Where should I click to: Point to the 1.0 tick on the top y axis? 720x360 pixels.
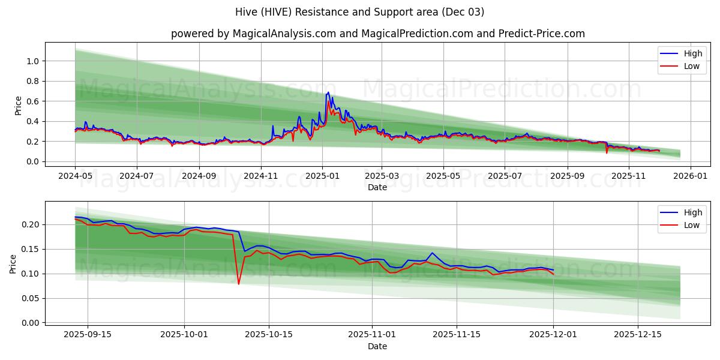[x=32, y=61]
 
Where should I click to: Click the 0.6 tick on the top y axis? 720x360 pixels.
[x=32, y=101]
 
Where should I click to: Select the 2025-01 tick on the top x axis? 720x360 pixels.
[x=322, y=176]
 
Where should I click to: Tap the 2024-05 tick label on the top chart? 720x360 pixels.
[x=75, y=176]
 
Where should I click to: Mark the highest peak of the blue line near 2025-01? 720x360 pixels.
[x=328, y=92]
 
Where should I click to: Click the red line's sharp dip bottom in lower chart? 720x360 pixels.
[x=238, y=284]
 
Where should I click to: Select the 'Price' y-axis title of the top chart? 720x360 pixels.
[x=19, y=106]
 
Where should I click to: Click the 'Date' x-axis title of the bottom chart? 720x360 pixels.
[x=377, y=346]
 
